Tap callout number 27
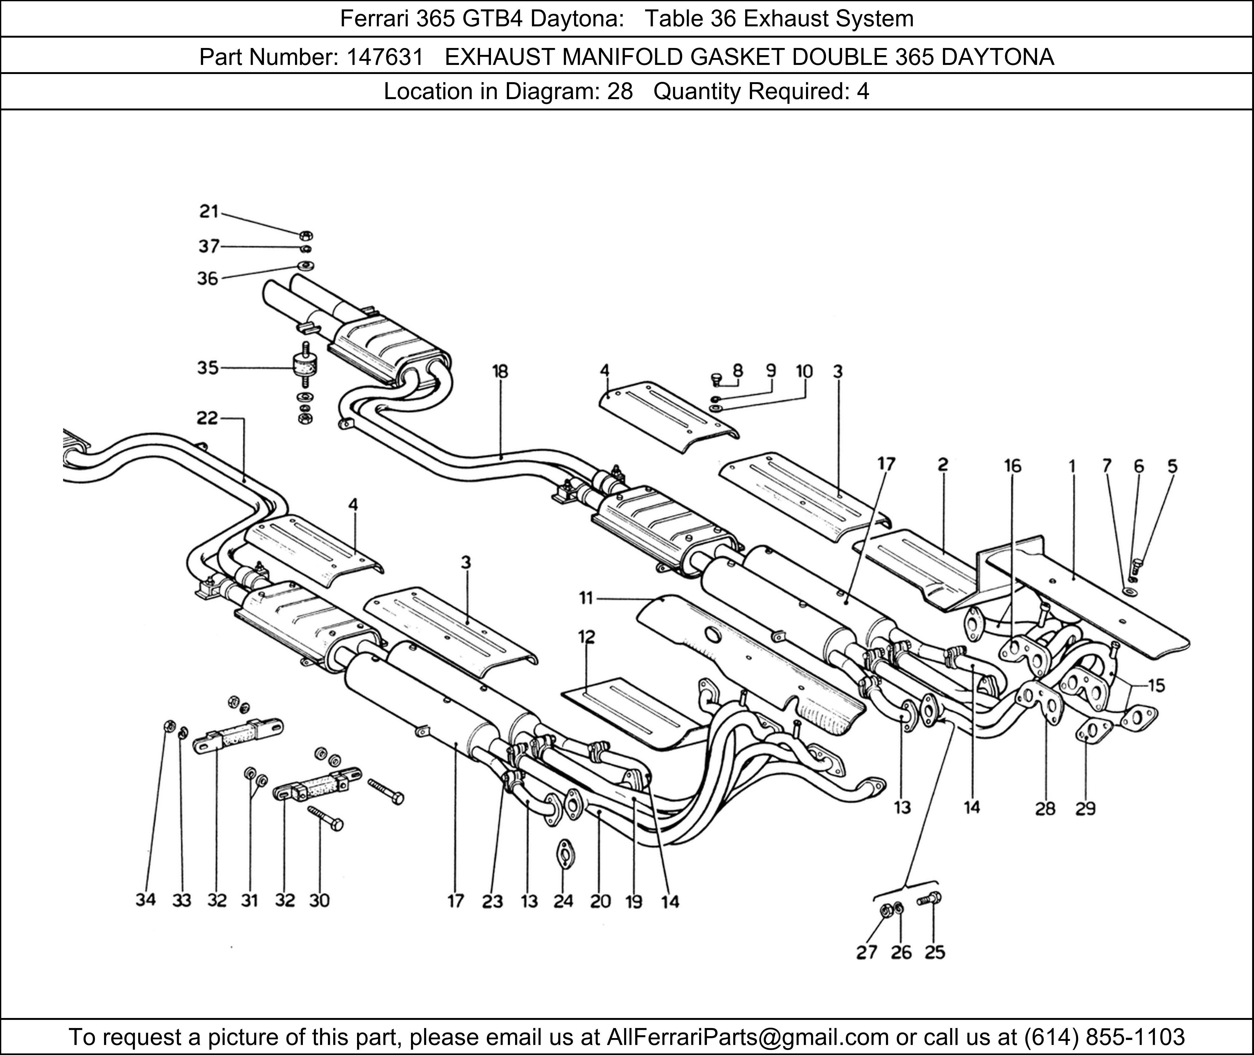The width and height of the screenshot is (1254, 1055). coord(866,952)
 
